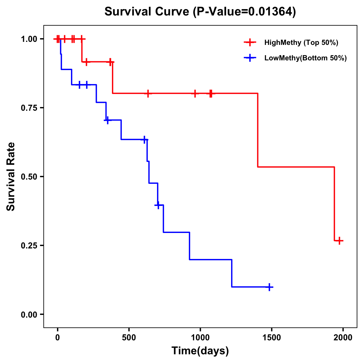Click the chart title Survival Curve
(148, 12)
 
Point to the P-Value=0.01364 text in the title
(245, 12)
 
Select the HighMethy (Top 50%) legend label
(301, 42)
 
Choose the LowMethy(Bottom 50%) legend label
(305, 58)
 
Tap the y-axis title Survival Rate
(11, 177)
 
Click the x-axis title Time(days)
(200, 351)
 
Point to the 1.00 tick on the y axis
(29, 39)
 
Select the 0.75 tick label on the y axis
(29, 108)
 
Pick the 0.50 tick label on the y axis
(29, 177)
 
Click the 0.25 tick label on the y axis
(29, 246)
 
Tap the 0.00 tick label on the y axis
(29, 315)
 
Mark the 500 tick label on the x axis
(129, 338)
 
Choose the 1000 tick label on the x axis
(200, 338)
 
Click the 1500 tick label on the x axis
(271, 338)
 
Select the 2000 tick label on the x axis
(343, 338)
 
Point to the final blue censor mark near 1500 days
(269, 287)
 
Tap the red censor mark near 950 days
(195, 93)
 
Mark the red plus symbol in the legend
(250, 42)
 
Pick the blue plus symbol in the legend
(250, 58)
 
